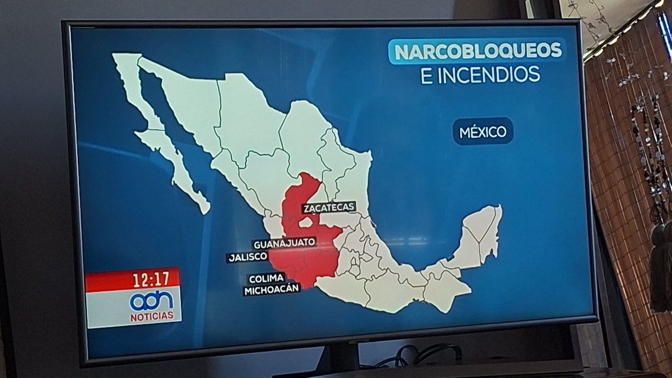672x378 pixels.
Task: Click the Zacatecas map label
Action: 329,207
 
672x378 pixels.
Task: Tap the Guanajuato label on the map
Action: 284,244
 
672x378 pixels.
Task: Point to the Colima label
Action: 267,278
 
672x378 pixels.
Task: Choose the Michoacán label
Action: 272,290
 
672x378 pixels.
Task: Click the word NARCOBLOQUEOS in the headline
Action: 477,51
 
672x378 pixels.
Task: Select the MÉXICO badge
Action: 483,132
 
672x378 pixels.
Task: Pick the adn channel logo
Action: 151,301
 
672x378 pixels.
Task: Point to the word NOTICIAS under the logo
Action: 152,316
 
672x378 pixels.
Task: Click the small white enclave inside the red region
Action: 305,222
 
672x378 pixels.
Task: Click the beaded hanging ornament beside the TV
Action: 650,146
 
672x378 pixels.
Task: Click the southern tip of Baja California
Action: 204,208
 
